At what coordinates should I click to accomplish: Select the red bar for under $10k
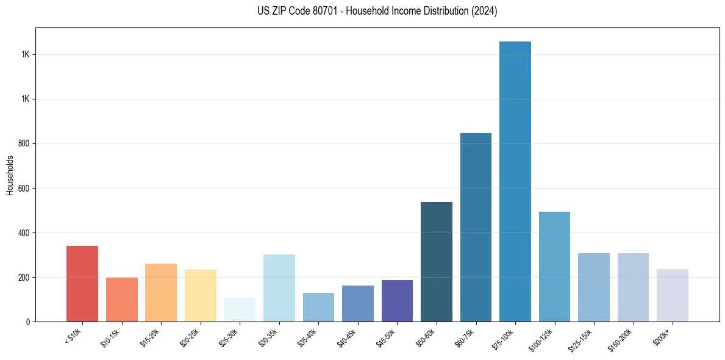tap(82, 284)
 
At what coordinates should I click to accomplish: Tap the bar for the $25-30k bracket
tap(240, 310)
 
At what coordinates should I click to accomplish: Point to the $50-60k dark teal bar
tap(437, 262)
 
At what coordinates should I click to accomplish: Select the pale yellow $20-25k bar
tap(201, 295)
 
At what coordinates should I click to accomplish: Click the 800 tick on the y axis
tap(24, 144)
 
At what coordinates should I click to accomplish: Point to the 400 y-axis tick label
tap(24, 233)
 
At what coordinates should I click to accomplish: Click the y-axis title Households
tap(10, 175)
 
